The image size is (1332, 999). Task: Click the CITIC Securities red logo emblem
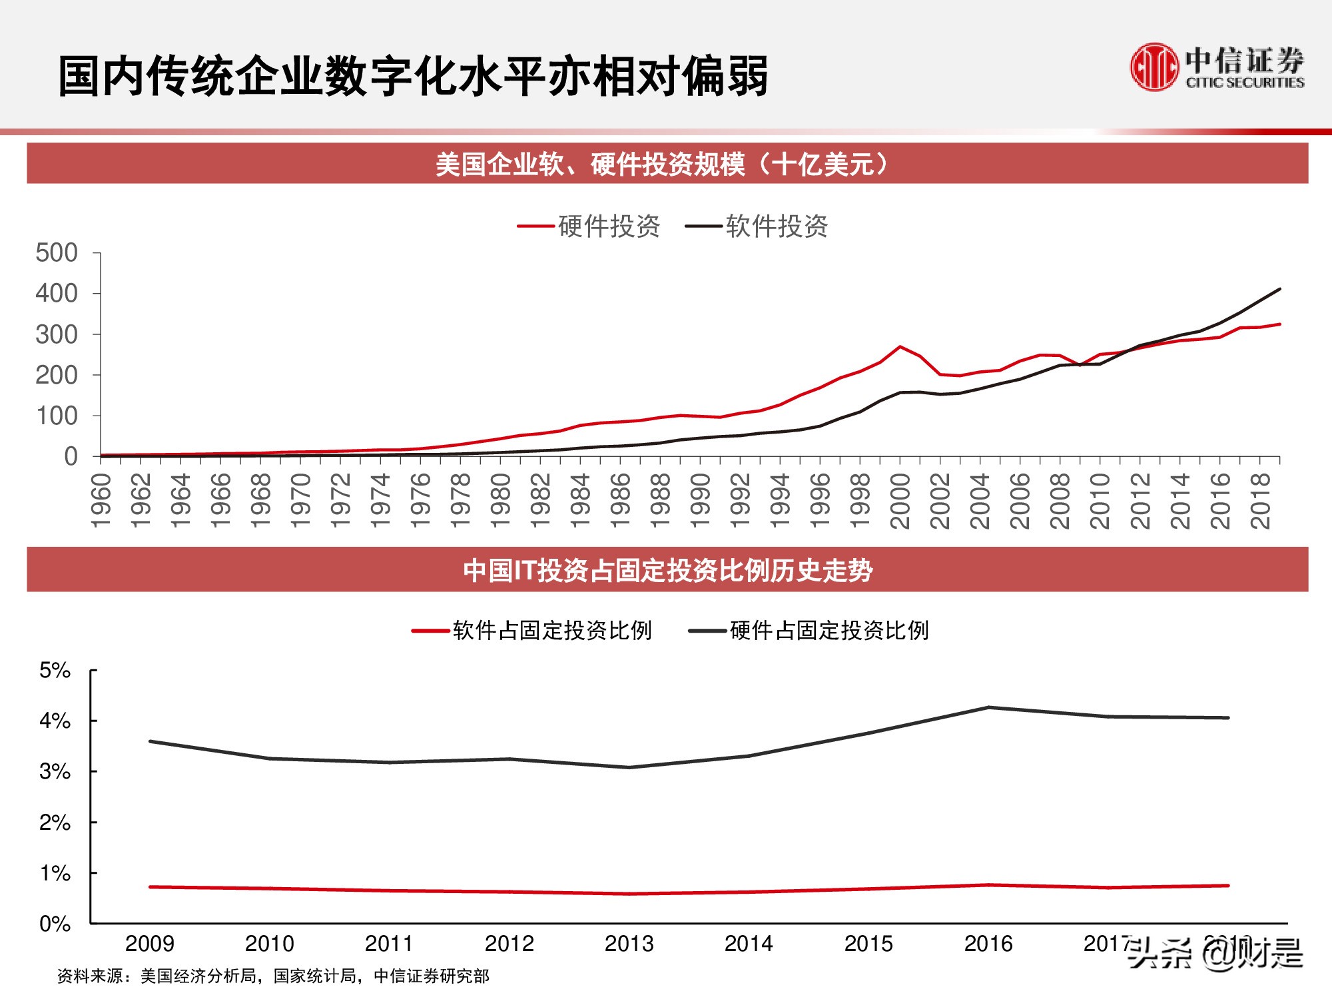pyautogui.click(x=1154, y=67)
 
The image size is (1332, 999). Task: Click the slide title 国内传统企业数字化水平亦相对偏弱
pyautogui.click(x=413, y=76)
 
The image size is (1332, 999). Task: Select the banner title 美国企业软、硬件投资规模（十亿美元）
pyautogui.click(x=666, y=164)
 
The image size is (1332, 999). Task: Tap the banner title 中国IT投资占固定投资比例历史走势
pyautogui.click(x=667, y=571)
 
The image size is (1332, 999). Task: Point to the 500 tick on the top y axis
pyautogui.click(x=57, y=253)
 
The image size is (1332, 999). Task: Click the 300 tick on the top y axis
pyautogui.click(x=57, y=334)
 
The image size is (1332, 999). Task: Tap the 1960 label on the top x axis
pyautogui.click(x=101, y=501)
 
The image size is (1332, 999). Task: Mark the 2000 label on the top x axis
pyautogui.click(x=900, y=501)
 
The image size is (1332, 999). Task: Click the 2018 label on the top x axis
pyautogui.click(x=1260, y=501)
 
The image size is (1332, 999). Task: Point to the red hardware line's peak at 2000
pyautogui.click(x=900, y=346)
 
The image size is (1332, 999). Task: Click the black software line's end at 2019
pyautogui.click(x=1280, y=289)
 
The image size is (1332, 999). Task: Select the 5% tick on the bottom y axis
pyautogui.click(x=55, y=671)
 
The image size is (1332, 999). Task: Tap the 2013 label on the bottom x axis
pyautogui.click(x=629, y=944)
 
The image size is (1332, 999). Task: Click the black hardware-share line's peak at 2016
pyautogui.click(x=988, y=707)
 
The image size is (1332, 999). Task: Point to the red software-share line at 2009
pyautogui.click(x=151, y=887)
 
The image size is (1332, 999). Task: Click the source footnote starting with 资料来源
pyautogui.click(x=273, y=976)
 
